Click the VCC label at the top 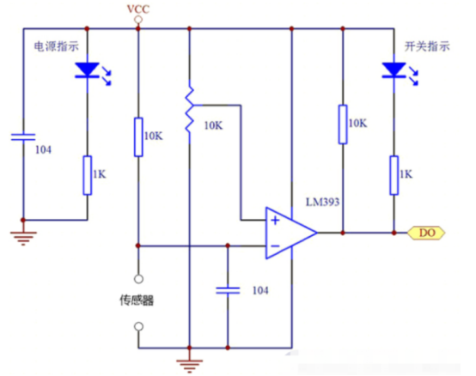138,9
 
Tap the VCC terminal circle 138,20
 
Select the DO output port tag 426,233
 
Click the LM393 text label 322,202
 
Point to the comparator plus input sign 275,220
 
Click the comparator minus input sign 275,246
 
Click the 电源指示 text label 57,46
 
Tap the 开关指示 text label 427,46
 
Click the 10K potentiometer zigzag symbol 190,111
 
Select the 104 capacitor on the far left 23,137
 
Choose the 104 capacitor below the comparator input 228,290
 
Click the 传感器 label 137,300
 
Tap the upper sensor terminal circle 138,279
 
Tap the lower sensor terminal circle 138,326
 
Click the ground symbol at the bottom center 189,366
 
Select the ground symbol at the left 23,239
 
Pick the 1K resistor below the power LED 88,175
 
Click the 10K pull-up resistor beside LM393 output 343,124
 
